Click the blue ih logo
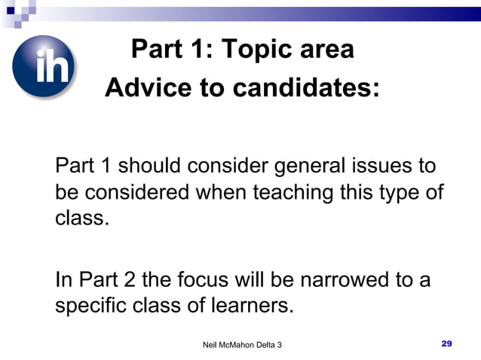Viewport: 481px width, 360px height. point(44,68)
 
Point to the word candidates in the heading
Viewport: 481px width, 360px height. point(306,88)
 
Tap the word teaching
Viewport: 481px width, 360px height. point(293,193)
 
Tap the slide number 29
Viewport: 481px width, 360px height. point(446,343)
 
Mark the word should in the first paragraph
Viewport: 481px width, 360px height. point(149,164)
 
